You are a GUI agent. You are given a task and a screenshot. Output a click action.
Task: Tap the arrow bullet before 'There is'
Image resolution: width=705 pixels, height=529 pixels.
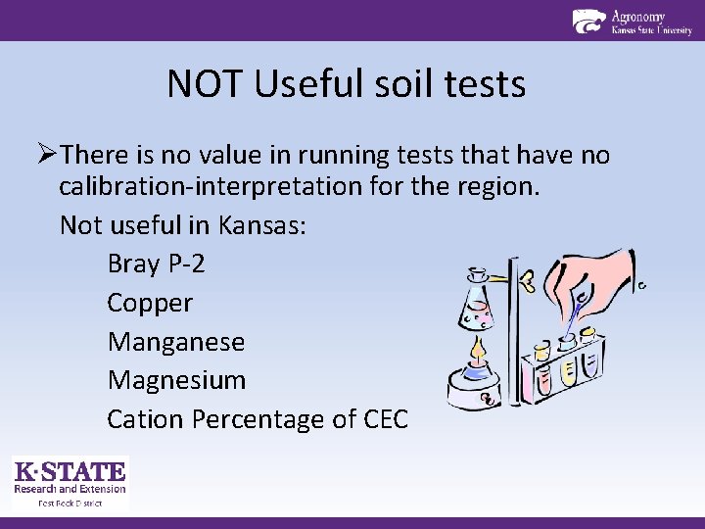click(x=48, y=155)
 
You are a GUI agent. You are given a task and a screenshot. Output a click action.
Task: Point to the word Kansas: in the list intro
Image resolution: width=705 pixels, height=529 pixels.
click(x=262, y=225)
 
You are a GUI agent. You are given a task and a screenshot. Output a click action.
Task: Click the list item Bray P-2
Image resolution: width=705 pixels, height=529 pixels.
click(x=156, y=264)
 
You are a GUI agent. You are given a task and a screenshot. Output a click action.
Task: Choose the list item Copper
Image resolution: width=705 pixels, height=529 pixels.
click(x=150, y=303)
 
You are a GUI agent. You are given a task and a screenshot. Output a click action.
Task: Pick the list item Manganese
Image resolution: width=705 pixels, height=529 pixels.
click(x=176, y=342)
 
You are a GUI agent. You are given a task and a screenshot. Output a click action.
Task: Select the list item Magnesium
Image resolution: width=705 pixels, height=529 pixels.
click(x=176, y=380)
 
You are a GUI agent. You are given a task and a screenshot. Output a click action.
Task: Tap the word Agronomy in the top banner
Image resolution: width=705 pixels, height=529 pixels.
click(x=638, y=16)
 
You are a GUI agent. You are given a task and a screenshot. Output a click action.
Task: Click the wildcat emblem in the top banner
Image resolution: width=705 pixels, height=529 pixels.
click(x=588, y=21)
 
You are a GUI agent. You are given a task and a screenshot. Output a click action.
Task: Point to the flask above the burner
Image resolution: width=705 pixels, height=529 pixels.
click(x=478, y=305)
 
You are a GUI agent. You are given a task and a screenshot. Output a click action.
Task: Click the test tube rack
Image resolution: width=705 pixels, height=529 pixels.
click(x=563, y=367)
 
